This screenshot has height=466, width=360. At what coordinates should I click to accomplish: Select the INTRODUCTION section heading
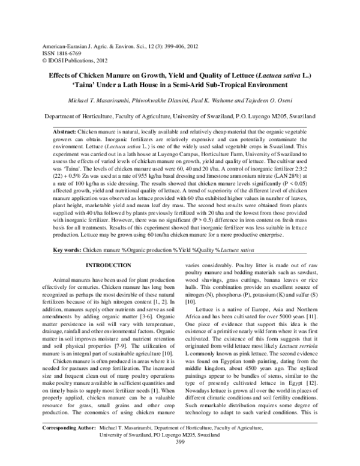pyautogui.click(x=104, y=265)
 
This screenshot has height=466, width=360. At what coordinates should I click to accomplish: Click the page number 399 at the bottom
pyautogui.click(x=179, y=458)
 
